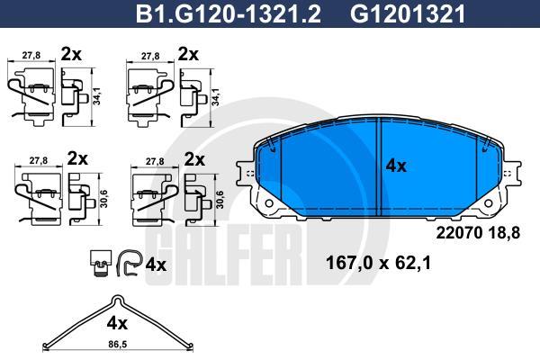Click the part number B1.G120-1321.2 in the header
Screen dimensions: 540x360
229,14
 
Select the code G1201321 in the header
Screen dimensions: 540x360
408,14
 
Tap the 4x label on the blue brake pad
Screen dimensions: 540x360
396,166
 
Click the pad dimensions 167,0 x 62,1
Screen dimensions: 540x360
378,264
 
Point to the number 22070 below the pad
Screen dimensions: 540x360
459,233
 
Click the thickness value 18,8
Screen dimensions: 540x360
503,233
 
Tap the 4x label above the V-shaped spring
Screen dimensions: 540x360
117,323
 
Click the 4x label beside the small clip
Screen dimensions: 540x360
156,265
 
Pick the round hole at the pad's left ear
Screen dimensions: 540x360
269,203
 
